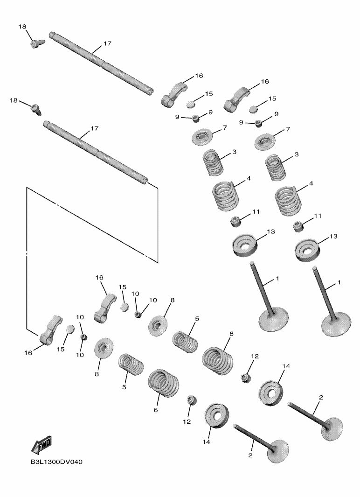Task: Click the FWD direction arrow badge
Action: [42, 445]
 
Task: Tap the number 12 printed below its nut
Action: [187, 421]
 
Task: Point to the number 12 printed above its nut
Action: [254, 356]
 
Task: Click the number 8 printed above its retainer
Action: [172, 301]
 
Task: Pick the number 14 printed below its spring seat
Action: [207, 441]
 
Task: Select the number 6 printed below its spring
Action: [155, 410]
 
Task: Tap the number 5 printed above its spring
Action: [197, 318]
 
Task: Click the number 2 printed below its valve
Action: [250, 455]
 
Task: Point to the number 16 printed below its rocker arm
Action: [28, 353]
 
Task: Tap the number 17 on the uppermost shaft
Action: [107, 43]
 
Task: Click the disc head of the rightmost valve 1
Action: [337, 323]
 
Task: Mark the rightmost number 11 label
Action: [318, 216]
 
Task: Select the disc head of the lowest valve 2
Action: [275, 451]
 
